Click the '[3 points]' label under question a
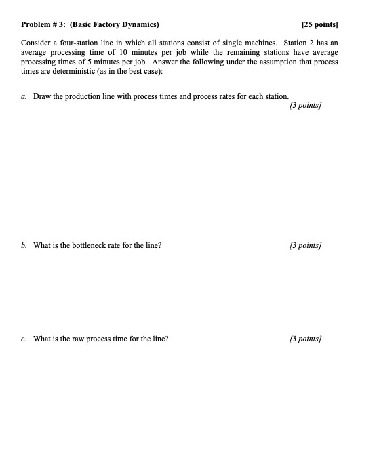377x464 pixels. (304, 106)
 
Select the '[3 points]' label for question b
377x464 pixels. (304, 245)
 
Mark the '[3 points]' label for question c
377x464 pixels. (304, 338)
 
